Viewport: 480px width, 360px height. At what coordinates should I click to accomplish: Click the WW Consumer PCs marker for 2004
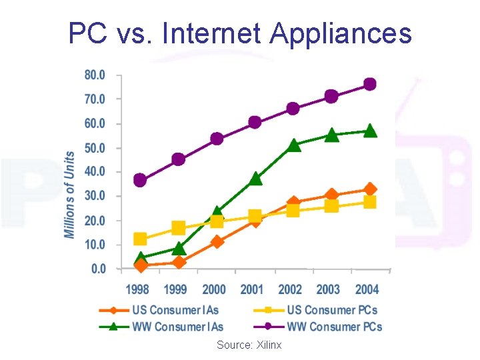369,85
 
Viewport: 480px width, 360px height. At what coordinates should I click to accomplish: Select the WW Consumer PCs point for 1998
140,180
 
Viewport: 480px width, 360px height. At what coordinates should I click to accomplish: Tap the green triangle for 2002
293,145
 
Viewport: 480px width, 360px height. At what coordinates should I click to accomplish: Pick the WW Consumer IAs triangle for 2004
370,131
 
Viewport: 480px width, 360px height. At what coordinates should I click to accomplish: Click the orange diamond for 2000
217,241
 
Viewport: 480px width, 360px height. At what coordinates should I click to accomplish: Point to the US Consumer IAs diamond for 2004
370,189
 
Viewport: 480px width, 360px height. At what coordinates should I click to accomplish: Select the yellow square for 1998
140,239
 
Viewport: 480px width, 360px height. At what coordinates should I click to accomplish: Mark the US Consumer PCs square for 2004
370,202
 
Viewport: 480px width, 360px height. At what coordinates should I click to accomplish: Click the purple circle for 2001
255,122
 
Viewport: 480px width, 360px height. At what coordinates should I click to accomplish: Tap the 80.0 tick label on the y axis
94,75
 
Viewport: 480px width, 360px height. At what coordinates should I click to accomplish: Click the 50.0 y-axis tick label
94,147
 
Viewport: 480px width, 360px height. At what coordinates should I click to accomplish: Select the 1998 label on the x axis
137,289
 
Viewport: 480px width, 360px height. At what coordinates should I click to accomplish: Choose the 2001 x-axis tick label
252,289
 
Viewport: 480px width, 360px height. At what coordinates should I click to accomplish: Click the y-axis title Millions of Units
69,194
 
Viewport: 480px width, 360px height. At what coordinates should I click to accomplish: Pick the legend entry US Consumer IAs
175,310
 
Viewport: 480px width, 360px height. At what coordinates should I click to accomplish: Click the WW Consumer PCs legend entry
335,327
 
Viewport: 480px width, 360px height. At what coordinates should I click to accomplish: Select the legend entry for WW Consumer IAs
177,327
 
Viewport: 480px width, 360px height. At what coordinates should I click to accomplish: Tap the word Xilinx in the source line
268,345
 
